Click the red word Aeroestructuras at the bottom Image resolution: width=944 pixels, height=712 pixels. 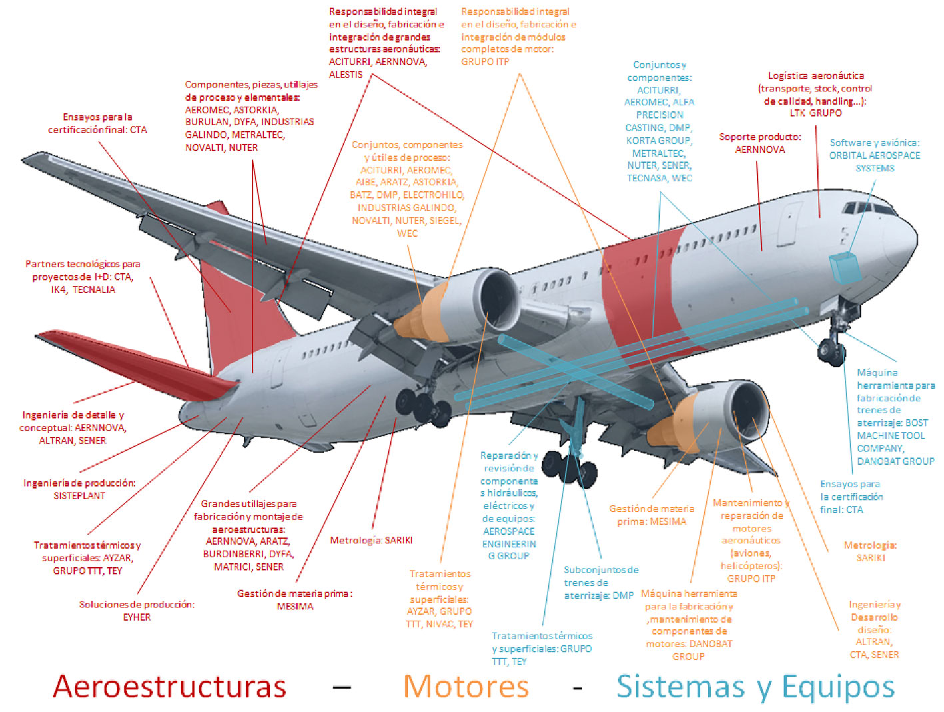pos(169,687)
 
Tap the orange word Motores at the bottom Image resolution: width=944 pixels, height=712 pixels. pos(466,687)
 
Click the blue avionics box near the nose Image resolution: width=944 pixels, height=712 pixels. pos(844,267)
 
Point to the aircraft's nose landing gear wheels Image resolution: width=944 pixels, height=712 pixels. pos(832,351)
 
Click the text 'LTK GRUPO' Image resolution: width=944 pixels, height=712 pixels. pos(815,113)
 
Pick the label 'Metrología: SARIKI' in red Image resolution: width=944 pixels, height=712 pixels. pos(371,540)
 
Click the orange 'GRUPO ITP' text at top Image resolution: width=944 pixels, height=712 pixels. pos(485,61)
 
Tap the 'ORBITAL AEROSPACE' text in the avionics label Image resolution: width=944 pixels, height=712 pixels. pos(874,155)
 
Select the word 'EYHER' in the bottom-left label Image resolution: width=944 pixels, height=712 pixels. pos(137,617)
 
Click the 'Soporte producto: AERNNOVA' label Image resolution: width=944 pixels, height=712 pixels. pos(760,143)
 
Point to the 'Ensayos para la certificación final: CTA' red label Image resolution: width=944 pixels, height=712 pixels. pos(97,123)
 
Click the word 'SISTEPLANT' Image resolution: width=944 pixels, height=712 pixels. pos(79,496)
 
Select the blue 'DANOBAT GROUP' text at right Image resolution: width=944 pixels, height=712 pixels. pos(895,461)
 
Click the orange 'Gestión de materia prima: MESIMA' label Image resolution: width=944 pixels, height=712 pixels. pos(651,515)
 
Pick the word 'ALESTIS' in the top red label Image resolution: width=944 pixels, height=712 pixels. pos(346,75)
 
